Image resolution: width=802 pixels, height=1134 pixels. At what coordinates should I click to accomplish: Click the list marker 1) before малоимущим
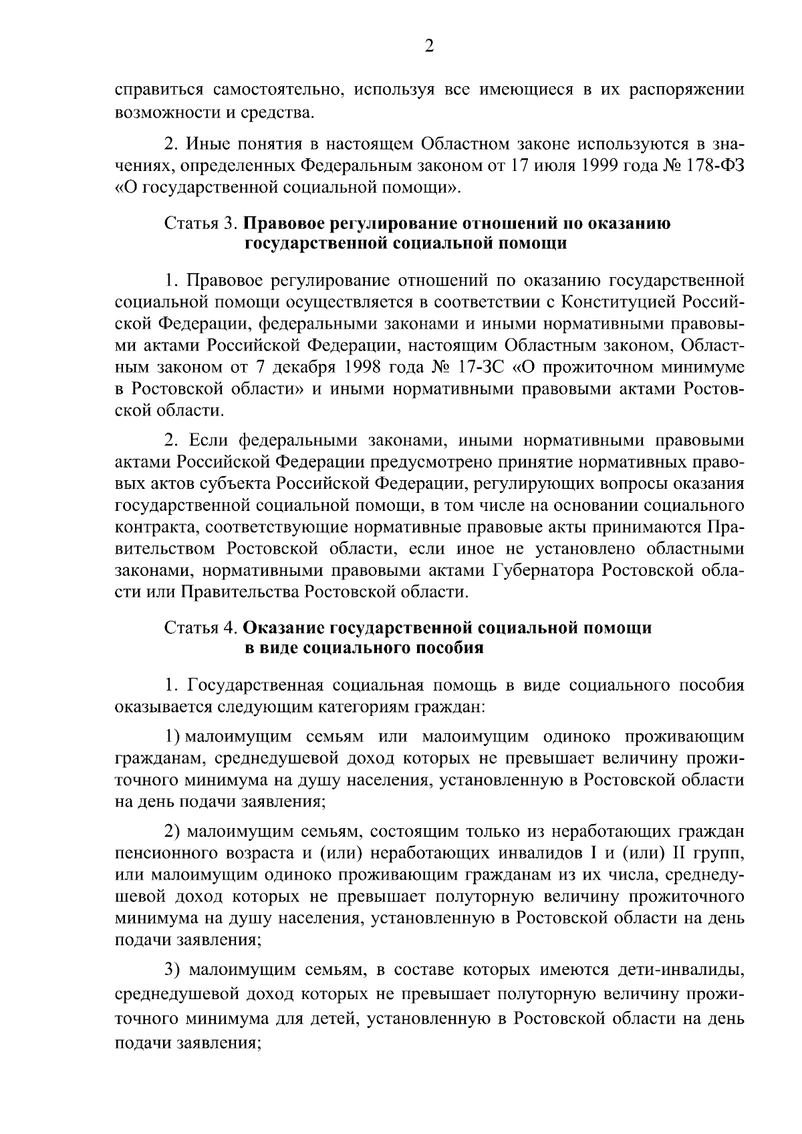172,737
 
